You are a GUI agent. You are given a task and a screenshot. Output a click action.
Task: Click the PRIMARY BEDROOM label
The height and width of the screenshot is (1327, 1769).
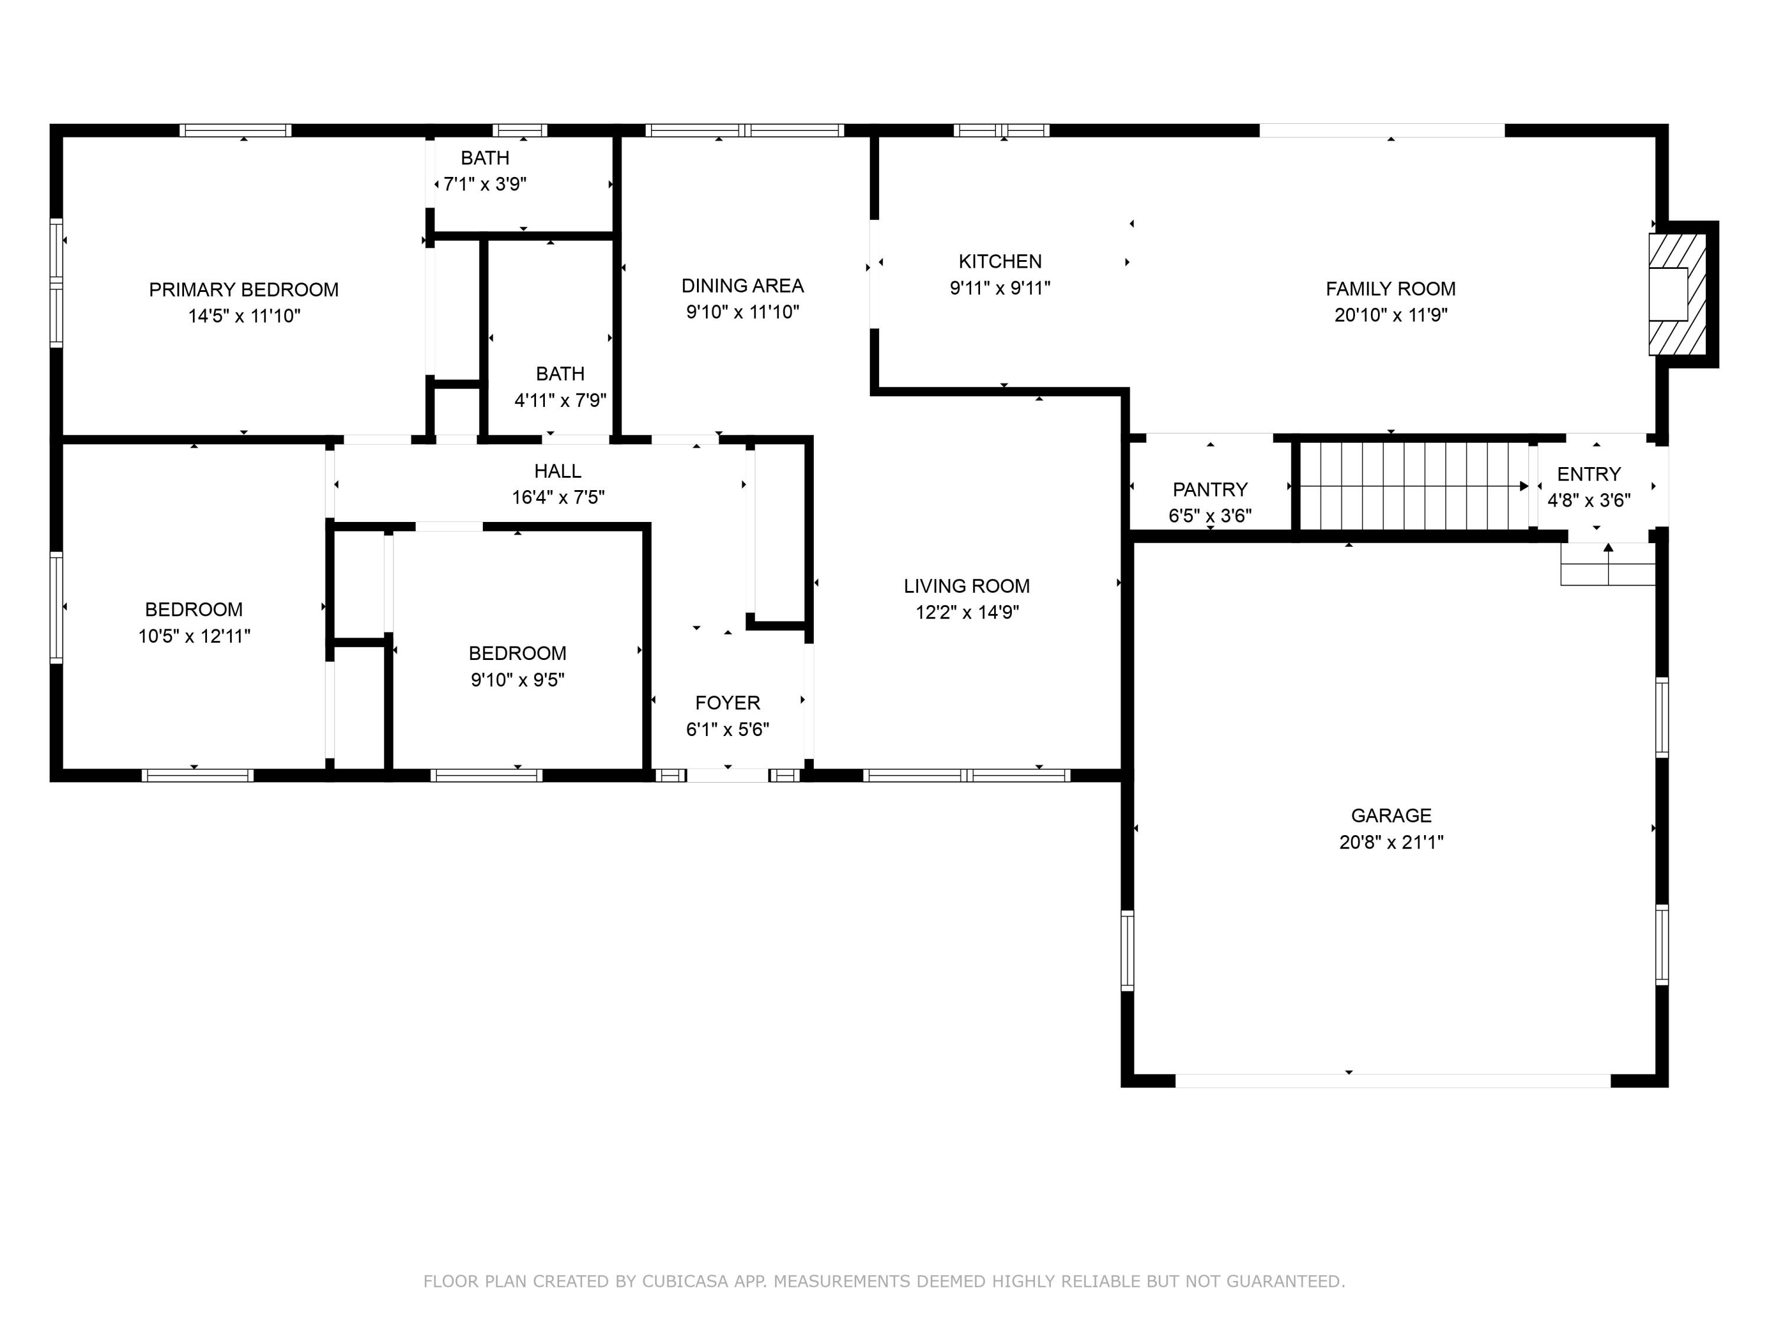pos(244,290)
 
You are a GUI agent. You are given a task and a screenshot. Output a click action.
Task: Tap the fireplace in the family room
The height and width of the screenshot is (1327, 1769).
pos(1678,294)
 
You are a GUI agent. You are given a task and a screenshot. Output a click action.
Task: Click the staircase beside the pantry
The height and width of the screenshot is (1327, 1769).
pos(1413,485)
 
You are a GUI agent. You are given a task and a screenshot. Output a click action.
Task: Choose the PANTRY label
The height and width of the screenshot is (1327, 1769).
pos(1210,490)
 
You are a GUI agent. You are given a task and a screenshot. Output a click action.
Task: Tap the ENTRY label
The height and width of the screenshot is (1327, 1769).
pos(1589,474)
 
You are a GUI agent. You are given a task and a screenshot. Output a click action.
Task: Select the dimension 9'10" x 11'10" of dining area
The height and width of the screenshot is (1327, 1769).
pos(742,312)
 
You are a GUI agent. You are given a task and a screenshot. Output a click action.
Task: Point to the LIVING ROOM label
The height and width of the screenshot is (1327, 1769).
pos(967,586)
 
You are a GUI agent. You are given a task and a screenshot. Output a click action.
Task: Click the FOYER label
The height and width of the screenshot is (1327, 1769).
pos(727,703)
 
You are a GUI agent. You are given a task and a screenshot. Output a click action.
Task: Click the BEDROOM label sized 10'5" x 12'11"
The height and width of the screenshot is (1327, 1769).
pos(193,609)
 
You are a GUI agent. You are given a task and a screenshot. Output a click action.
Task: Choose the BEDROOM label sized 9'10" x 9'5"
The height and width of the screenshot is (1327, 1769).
pos(517,653)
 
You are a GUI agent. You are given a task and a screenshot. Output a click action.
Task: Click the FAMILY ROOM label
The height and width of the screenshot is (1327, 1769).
pos(1390,289)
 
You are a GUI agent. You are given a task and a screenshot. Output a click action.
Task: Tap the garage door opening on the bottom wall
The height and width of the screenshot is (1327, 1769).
pos(1392,1080)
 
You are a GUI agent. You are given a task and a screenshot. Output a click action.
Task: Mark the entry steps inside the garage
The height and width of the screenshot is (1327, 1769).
pos(1607,564)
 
